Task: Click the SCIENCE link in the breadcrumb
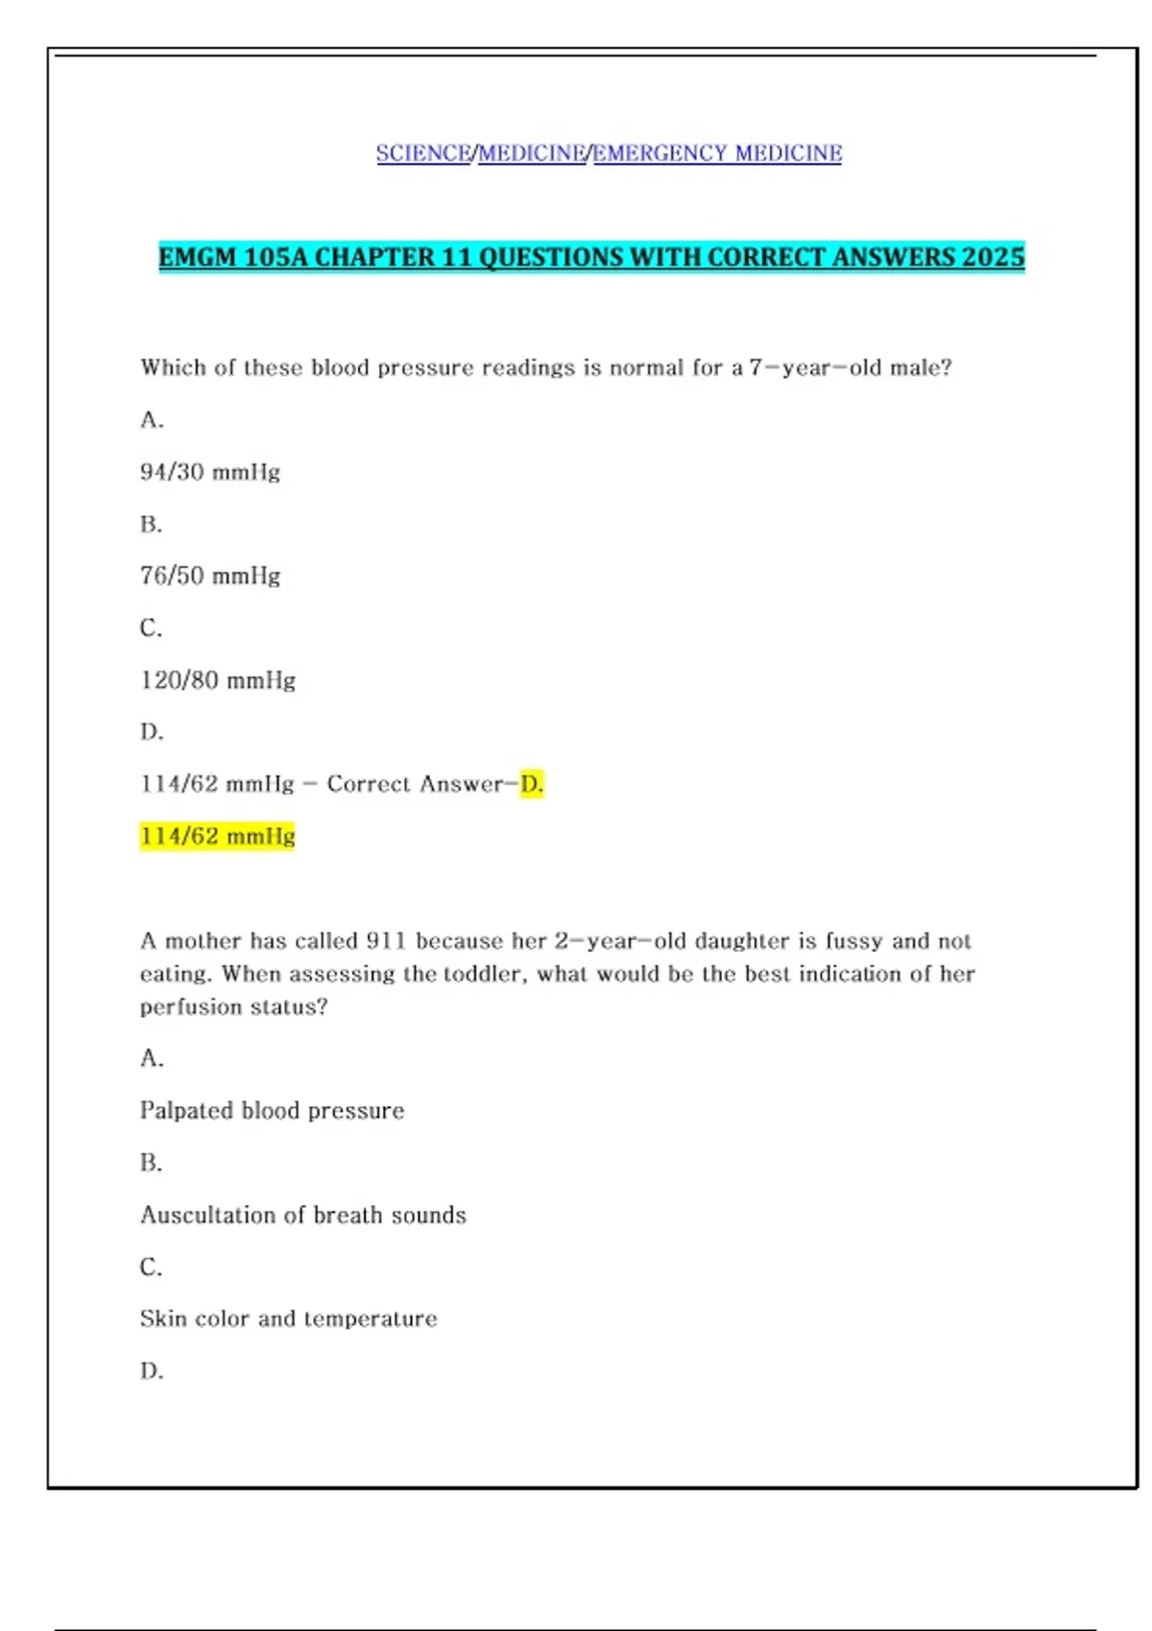click(423, 154)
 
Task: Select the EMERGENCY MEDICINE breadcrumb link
click(717, 154)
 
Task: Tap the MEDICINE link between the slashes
click(532, 154)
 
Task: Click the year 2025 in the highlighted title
click(993, 257)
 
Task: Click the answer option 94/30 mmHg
click(210, 472)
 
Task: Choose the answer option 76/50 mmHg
click(210, 576)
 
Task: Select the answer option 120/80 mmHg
click(218, 680)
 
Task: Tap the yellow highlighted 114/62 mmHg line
click(218, 837)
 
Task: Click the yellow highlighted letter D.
click(532, 784)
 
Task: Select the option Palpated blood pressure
click(272, 1111)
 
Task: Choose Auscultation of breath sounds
click(303, 1216)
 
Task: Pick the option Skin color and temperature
click(288, 1319)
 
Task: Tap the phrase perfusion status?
click(233, 1007)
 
